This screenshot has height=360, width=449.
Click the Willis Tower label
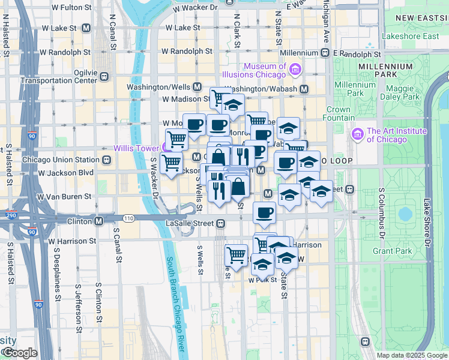[x=137, y=148]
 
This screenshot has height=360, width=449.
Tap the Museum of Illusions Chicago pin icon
[x=294, y=71]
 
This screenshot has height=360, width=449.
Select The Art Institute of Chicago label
[x=397, y=136]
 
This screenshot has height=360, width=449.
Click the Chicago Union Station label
[x=60, y=160]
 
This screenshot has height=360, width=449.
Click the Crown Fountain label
[x=338, y=114]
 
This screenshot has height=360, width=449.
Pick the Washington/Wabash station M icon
[x=304, y=89]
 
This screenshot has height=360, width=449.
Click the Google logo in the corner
[x=19, y=353]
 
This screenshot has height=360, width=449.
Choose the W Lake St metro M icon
[x=86, y=28]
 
